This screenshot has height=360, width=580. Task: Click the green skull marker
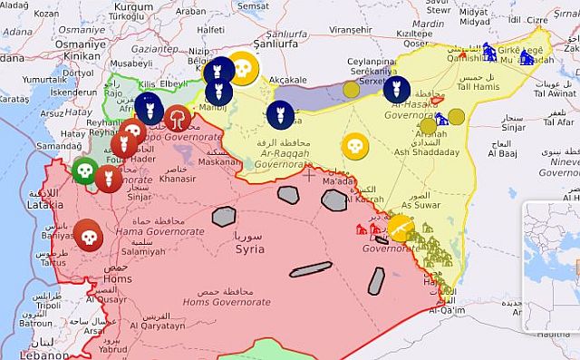click(84, 170)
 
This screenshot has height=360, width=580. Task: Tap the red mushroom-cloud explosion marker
click(178, 117)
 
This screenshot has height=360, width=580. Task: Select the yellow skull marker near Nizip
click(242, 66)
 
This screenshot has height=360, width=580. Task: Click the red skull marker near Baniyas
click(88, 235)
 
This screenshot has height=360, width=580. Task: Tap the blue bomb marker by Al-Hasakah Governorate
click(395, 90)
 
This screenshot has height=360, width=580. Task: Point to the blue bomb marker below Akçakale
click(278, 114)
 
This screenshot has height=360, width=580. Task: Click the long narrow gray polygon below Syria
click(311, 268)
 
